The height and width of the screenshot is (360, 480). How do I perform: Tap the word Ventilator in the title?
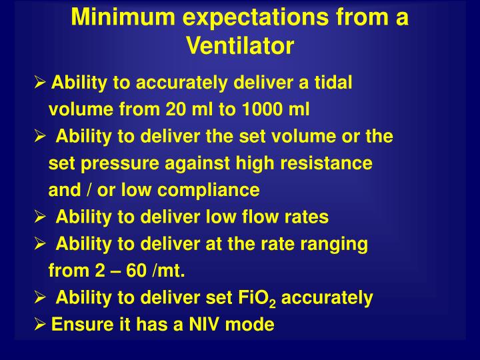coord(240,46)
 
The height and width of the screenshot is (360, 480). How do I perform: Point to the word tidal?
coord(333,83)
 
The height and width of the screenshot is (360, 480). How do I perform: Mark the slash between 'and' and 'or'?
coord(87,190)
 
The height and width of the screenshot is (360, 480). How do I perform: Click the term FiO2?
coord(257,299)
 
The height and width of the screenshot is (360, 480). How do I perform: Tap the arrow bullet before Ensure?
coord(40,325)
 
